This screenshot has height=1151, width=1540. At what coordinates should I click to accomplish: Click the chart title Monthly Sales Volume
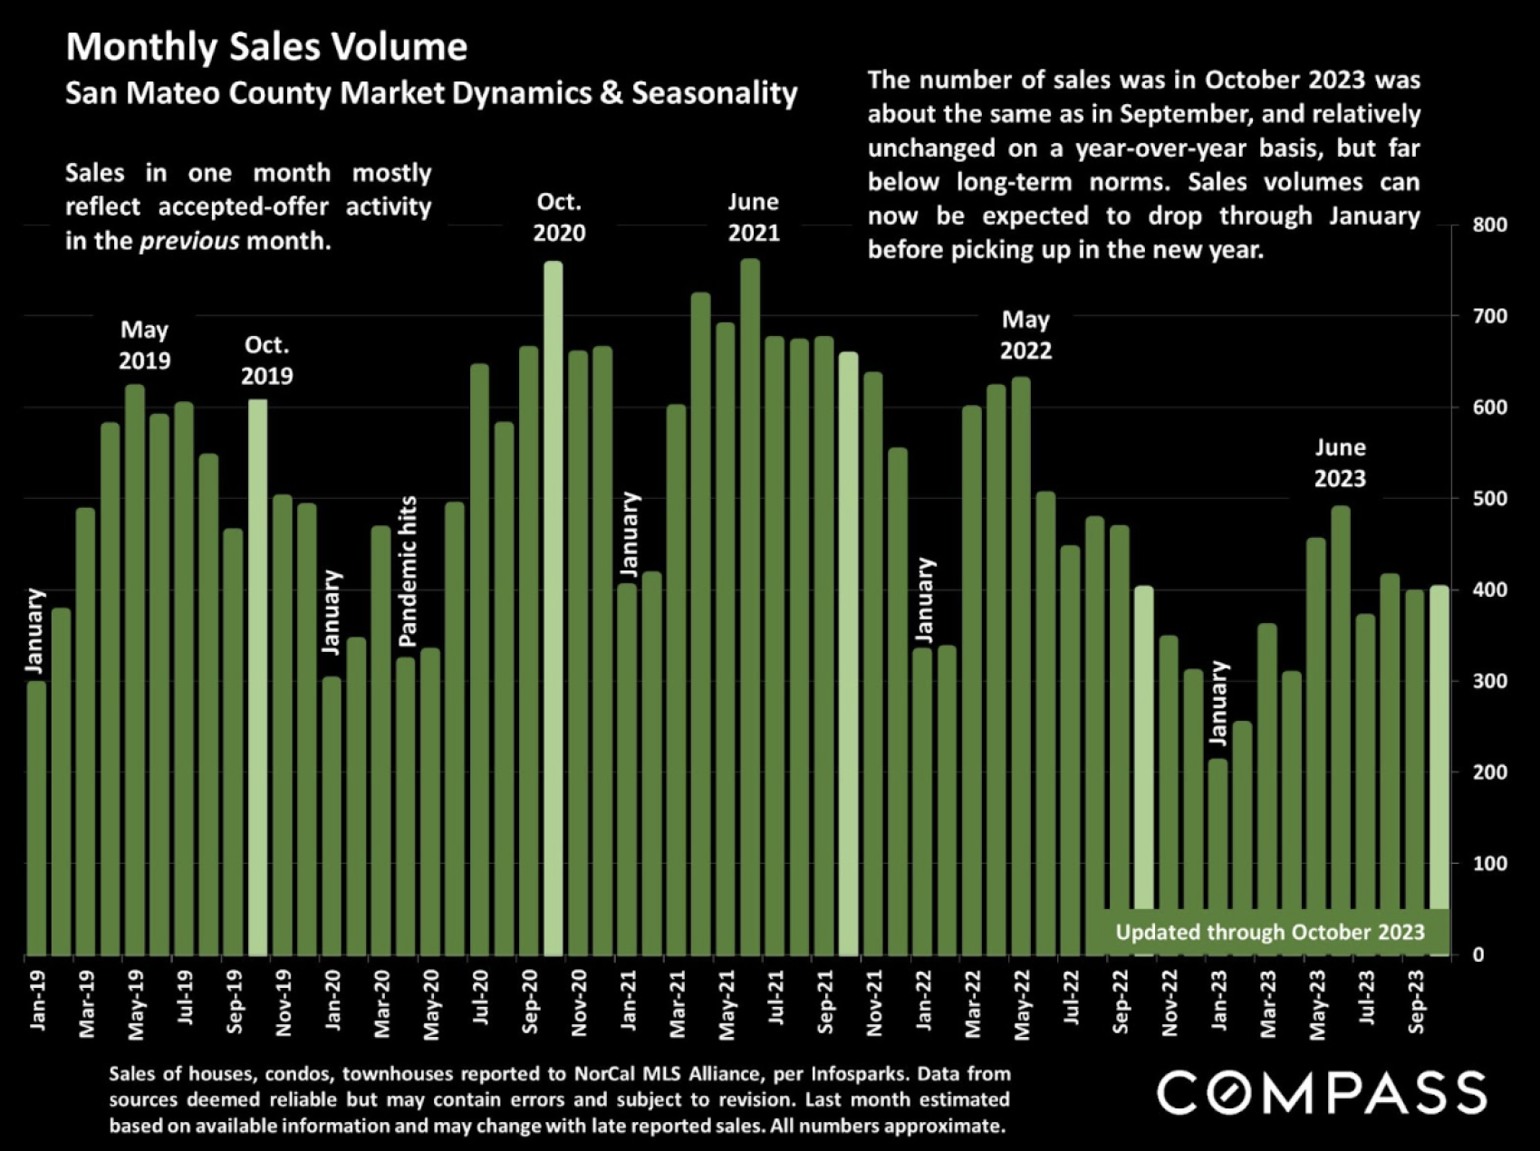coord(266,47)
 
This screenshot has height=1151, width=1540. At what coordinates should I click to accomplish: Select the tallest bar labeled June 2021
coord(750,607)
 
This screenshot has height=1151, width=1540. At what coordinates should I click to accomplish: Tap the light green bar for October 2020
coord(553,607)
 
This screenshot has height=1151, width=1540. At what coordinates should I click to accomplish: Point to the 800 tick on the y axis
coord(1490,225)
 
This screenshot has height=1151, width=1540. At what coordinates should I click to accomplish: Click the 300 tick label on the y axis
coord(1490,681)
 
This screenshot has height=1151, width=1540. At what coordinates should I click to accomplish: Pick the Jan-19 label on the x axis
coord(37,1001)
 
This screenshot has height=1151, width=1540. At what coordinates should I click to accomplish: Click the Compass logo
coord(1322,1092)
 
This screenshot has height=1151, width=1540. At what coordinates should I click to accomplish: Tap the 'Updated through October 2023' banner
coord(1269,932)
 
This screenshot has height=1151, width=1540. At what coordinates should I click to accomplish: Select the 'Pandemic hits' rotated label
coord(409,571)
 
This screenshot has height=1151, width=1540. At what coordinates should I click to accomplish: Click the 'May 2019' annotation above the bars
coord(145,345)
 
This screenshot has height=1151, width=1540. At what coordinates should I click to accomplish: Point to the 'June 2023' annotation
coord(1340,463)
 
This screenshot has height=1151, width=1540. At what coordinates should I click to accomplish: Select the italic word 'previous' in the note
coord(189,241)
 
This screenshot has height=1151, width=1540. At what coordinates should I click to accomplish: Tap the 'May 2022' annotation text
coord(1025,335)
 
